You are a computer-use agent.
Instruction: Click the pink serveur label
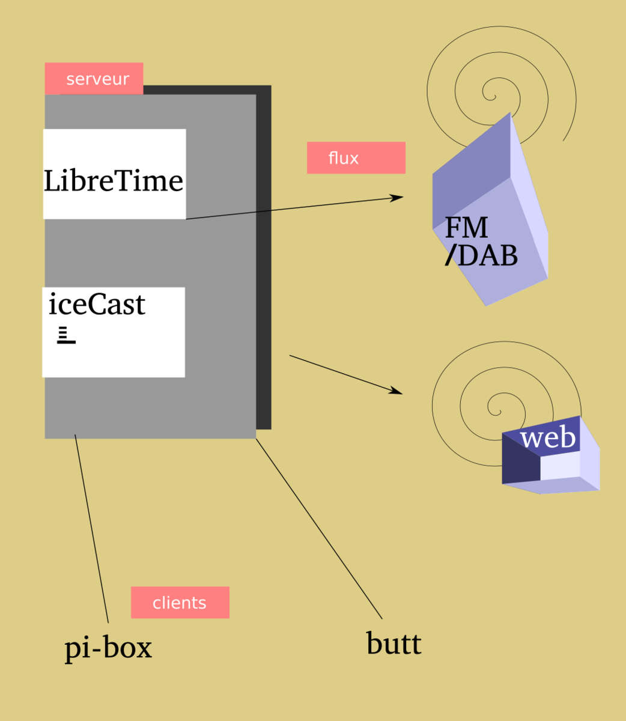point(94,79)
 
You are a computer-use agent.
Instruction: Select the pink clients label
point(180,603)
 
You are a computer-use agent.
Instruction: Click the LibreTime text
point(114,181)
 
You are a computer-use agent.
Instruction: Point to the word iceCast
point(97,304)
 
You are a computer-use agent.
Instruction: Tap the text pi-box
point(108,648)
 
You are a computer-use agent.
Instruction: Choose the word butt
point(394,643)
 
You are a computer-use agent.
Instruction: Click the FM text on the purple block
point(466,228)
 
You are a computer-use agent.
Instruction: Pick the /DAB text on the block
point(481,256)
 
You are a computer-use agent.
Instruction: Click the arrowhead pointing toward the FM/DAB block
point(398,197)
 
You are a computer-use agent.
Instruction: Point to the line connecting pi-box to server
point(91,529)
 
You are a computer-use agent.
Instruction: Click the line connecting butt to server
point(318,529)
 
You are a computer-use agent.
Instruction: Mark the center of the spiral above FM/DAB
point(492,96)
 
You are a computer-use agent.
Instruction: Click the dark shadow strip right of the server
point(264,258)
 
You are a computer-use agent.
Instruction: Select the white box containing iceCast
point(114,354)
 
